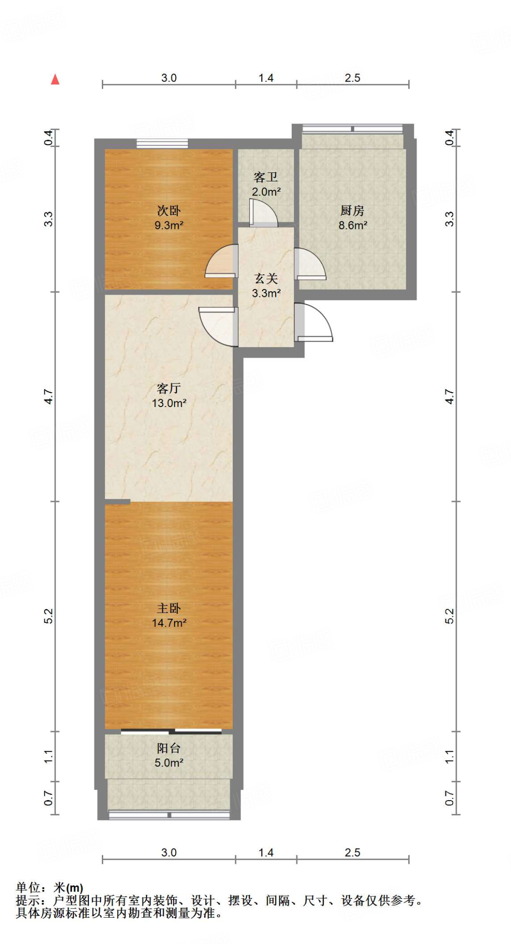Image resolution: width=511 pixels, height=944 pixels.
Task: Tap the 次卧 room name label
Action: coord(169,211)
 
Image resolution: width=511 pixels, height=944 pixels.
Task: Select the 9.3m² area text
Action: coord(169,225)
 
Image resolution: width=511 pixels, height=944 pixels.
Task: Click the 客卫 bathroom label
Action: coord(266,177)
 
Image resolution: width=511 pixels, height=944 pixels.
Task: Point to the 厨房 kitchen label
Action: coord(352,211)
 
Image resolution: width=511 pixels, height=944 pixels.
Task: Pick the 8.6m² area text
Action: coord(352,225)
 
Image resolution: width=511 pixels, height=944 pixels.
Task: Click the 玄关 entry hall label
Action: coord(266,278)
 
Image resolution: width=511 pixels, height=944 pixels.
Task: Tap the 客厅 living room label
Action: coord(169,388)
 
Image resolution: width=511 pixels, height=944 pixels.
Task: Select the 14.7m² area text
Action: coord(169,623)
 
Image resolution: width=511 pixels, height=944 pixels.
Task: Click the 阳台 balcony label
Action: coord(169,748)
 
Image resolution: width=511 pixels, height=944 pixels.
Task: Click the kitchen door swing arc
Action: coord(310,264)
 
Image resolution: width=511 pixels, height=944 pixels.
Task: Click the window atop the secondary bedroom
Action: coord(162,143)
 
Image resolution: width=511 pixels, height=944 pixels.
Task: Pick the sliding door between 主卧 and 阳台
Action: coord(171,731)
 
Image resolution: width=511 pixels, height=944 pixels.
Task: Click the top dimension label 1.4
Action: coord(266,78)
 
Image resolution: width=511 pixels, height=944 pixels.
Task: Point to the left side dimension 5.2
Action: coord(48,616)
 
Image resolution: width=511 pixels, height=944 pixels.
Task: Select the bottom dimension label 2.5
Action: coord(352,852)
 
